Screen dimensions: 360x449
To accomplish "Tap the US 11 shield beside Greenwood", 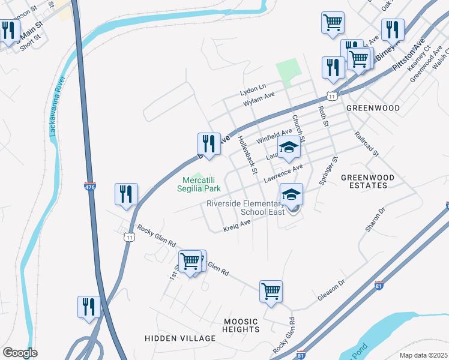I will tap(331, 96).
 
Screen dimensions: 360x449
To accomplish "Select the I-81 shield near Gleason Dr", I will tap(379, 285).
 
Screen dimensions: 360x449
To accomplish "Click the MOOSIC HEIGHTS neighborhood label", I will tap(241, 325).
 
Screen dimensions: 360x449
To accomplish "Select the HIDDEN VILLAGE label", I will tap(180, 338).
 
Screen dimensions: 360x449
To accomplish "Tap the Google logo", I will tap(20, 353).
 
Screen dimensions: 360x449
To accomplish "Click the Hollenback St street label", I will tap(247, 155).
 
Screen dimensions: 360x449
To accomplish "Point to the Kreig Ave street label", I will tap(237, 225).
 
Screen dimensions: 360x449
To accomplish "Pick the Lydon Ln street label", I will tap(253, 90).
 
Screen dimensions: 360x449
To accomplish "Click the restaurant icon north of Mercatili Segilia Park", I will tap(208, 144).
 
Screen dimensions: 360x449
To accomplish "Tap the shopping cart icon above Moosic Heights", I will tap(271, 292).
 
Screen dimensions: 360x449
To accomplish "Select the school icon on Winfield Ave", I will tap(288, 148).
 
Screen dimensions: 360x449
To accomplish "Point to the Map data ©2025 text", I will tap(423, 355).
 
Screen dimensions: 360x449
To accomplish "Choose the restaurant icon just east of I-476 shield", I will tap(126, 194).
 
